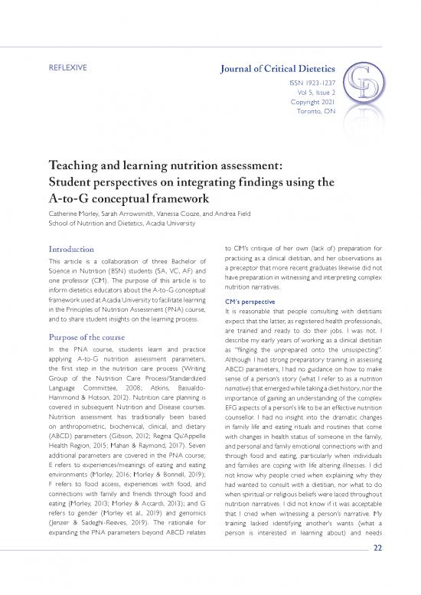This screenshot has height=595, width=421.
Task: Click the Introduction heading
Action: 74,250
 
